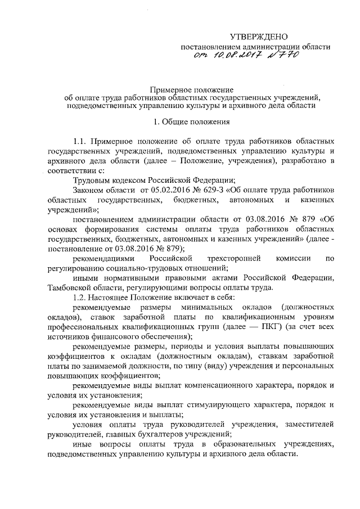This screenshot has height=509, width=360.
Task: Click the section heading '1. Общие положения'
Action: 186,120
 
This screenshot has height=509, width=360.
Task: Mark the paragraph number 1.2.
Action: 81,297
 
